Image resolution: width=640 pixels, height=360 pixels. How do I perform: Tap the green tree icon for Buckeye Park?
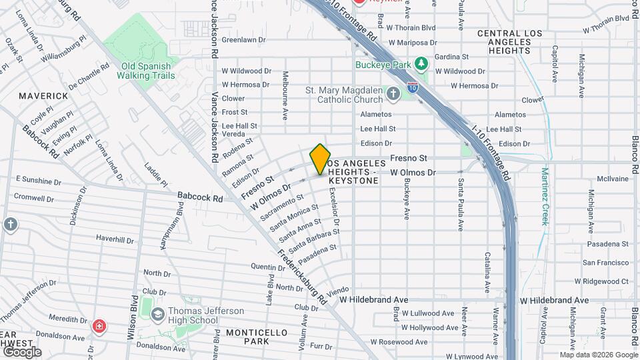421,63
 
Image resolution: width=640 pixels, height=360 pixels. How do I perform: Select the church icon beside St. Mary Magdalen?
393,94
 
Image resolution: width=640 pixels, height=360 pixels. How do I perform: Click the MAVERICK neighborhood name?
43,96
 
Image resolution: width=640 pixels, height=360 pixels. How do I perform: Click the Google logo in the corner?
21,351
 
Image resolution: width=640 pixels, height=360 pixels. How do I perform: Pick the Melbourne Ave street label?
285,95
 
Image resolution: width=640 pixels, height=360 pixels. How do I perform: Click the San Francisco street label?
605,263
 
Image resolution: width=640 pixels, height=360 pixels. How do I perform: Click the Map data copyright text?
597,355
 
